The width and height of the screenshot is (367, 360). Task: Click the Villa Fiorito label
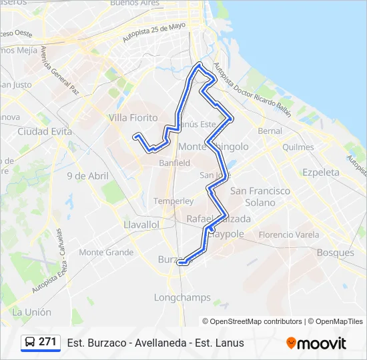coord(133,118)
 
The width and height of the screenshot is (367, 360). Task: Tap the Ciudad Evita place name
coord(45,131)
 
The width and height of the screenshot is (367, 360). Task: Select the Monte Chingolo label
coord(214,147)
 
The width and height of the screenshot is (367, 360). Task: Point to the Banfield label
coord(174,162)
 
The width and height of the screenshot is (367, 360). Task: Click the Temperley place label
coord(173,201)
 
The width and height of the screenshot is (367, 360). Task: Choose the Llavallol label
coord(141,225)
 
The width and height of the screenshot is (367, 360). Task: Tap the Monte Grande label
coord(106,252)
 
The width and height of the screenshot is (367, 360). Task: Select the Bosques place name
coord(336,253)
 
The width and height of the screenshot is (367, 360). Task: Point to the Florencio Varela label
coord(289,235)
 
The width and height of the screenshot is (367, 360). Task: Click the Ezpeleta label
coord(322,172)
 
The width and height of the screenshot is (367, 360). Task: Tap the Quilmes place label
coord(298,147)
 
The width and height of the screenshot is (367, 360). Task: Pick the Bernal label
coord(270,131)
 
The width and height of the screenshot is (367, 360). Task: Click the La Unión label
coord(32,312)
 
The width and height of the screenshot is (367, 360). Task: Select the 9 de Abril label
coord(87,176)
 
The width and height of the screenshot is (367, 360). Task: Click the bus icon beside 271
coord(30,342)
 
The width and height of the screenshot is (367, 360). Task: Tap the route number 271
coord(47,342)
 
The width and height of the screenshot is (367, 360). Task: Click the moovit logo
coord(316,343)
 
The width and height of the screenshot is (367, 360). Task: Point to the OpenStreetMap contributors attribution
coord(252,321)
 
